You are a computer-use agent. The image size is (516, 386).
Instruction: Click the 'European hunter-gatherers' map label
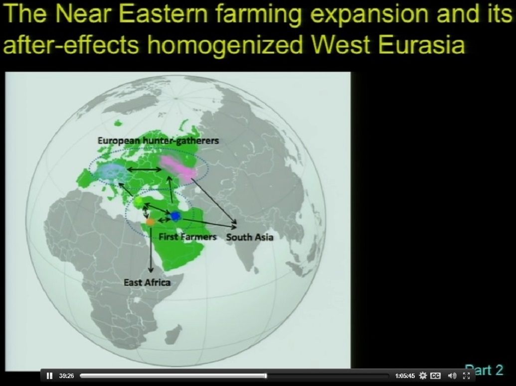pos(158,141)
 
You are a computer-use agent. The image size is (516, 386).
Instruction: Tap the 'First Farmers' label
pos(187,237)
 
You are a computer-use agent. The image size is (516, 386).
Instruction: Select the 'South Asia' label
pos(250,237)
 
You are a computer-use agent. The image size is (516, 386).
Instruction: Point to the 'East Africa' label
pos(147,282)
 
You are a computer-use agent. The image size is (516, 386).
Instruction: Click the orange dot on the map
pos(151,222)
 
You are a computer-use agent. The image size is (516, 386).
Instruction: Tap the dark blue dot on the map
pos(175,216)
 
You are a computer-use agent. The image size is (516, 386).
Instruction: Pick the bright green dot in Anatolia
pos(139,201)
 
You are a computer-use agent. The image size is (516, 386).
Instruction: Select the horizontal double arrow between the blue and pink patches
pos(144,170)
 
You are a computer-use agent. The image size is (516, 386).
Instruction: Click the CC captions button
pos(435,376)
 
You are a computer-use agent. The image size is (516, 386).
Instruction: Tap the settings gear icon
pos(423,376)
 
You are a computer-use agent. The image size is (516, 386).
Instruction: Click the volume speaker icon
pos(452,376)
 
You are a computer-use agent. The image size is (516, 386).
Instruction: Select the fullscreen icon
pos(466,376)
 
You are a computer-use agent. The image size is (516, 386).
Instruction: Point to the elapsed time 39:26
pos(66,376)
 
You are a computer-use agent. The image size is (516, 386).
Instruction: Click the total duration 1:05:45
pos(405,376)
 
